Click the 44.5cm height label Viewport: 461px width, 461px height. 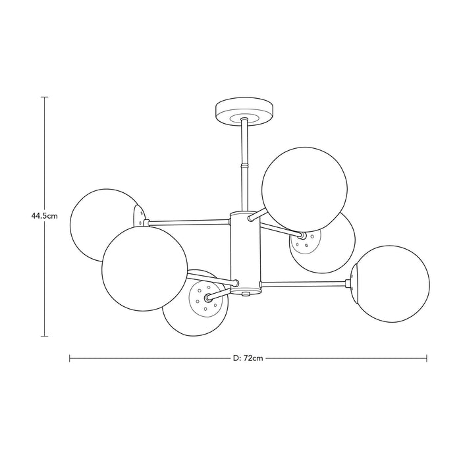pos(44,216)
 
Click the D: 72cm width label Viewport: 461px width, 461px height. pos(248,358)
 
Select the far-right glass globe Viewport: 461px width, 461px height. pos(391,284)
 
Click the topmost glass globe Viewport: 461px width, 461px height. pos(304,190)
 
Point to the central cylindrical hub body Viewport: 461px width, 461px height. pos(245,252)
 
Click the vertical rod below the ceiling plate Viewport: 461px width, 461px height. pos(244,165)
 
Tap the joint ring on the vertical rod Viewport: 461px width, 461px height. pos(244,165)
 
